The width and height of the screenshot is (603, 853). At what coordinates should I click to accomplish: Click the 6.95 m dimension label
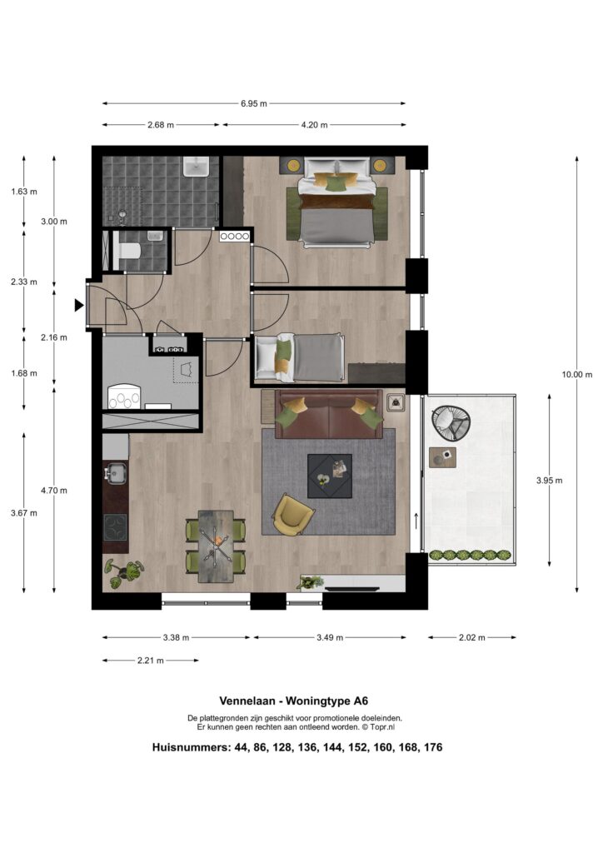point(254,103)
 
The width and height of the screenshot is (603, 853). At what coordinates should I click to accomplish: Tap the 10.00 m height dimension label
point(577,374)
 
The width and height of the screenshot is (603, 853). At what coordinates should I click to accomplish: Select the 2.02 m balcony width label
point(471,637)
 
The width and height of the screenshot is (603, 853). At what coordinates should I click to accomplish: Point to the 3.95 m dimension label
point(549,481)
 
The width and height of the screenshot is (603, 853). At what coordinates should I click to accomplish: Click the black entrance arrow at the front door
point(79,306)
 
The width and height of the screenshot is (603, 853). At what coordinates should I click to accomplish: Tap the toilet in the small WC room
point(129,252)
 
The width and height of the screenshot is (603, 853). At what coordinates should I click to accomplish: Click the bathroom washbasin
point(197,167)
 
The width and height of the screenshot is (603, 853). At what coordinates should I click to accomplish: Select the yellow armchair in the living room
point(292,514)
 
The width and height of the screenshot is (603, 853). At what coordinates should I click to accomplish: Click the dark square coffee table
point(330,476)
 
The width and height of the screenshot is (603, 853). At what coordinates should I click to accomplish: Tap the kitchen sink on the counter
point(115,473)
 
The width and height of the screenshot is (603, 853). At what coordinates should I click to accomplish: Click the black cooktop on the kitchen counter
point(115,526)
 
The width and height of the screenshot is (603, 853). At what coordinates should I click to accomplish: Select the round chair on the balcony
point(451,421)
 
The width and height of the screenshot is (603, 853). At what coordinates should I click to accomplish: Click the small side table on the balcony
point(442,457)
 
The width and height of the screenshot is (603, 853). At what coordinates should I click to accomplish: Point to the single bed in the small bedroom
point(300,357)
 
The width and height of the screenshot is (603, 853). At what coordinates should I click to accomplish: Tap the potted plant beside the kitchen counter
point(124,573)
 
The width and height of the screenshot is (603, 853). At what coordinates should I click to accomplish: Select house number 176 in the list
point(433,747)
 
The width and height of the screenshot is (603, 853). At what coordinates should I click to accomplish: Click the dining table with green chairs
point(216,546)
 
